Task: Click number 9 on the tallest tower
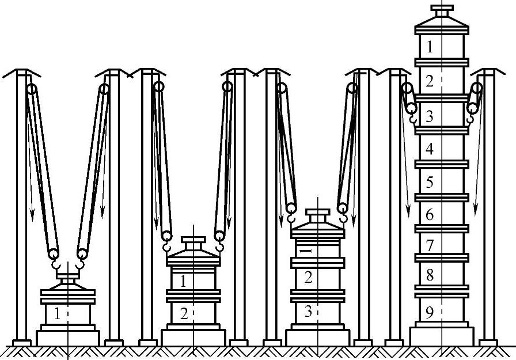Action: click(x=430, y=312)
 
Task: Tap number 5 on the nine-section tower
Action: click(x=430, y=183)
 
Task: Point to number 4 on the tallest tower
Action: click(x=430, y=150)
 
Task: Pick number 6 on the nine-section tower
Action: click(x=430, y=215)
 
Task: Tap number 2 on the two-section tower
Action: click(x=184, y=314)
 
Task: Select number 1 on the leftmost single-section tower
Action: click(x=57, y=314)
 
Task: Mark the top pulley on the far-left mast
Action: click(x=31, y=89)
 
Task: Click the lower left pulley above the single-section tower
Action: click(x=54, y=253)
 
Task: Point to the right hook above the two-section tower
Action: click(x=219, y=245)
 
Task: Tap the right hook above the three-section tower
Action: click(x=344, y=217)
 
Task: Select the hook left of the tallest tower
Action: click(x=413, y=118)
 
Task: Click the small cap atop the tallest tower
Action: click(x=442, y=10)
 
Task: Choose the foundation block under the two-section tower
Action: click(x=192, y=337)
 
